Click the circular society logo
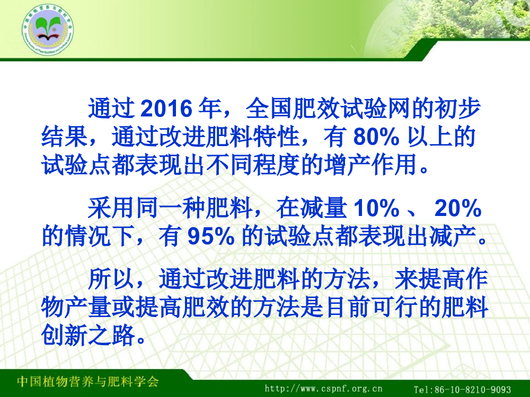[48, 30]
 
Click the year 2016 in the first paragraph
[166, 109]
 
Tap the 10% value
[376, 208]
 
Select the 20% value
[458, 208]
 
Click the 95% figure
[211, 236]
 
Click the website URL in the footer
[323, 389]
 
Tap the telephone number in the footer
[462, 389]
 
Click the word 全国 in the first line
[269, 109]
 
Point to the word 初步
[458, 109]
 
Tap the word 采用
[111, 207]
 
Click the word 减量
[323, 207]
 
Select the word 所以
[111, 279]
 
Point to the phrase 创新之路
[88, 336]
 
